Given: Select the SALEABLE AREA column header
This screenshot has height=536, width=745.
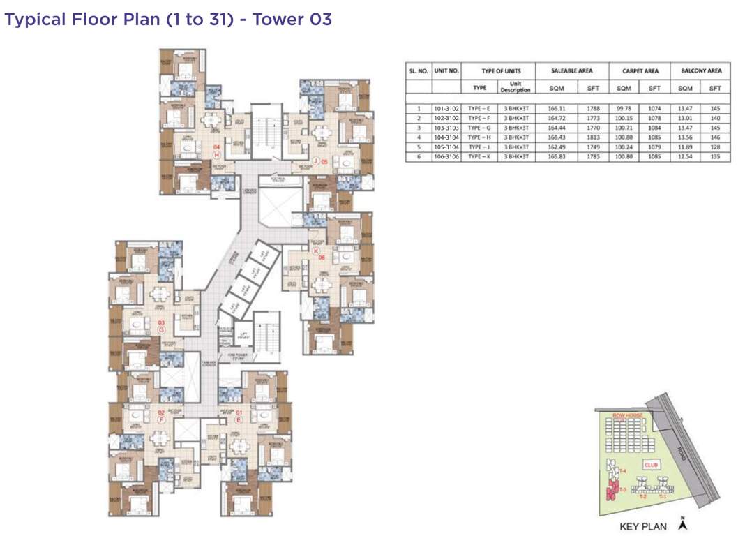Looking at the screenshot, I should click(x=571, y=70).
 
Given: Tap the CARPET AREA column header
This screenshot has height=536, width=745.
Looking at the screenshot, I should click(x=640, y=70).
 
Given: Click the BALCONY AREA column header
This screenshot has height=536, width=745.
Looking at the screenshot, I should click(x=700, y=70).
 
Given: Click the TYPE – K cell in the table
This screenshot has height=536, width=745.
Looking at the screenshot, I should click(x=479, y=157).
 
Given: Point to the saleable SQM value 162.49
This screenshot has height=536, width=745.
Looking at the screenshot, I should click(x=555, y=147).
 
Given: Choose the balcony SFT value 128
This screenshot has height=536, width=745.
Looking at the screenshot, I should click(x=715, y=147).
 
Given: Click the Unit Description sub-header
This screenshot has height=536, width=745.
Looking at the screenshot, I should click(x=515, y=87).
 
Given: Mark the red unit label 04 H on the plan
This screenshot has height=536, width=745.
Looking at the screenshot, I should click(x=217, y=150).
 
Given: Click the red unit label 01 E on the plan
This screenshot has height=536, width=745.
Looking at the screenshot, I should click(x=238, y=416).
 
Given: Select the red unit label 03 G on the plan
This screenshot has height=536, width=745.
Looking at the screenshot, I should click(x=161, y=325).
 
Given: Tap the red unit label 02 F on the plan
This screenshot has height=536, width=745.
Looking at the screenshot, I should click(x=160, y=416).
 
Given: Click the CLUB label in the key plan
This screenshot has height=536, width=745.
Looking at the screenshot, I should click(x=652, y=463).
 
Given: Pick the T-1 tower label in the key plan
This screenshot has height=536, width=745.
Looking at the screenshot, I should click(x=663, y=495).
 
